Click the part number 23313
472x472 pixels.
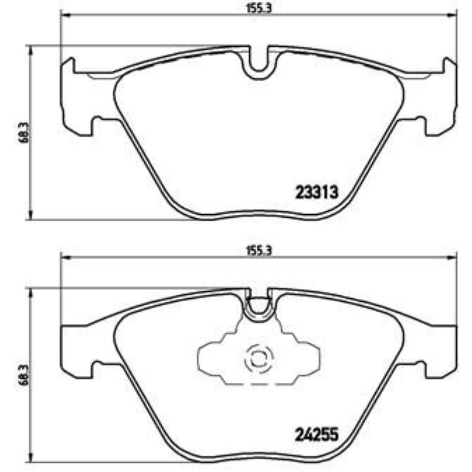coord(317,193)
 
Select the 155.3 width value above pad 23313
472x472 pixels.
coord(259,8)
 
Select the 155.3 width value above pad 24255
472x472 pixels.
coord(259,251)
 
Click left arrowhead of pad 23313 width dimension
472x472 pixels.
coord(65,16)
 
